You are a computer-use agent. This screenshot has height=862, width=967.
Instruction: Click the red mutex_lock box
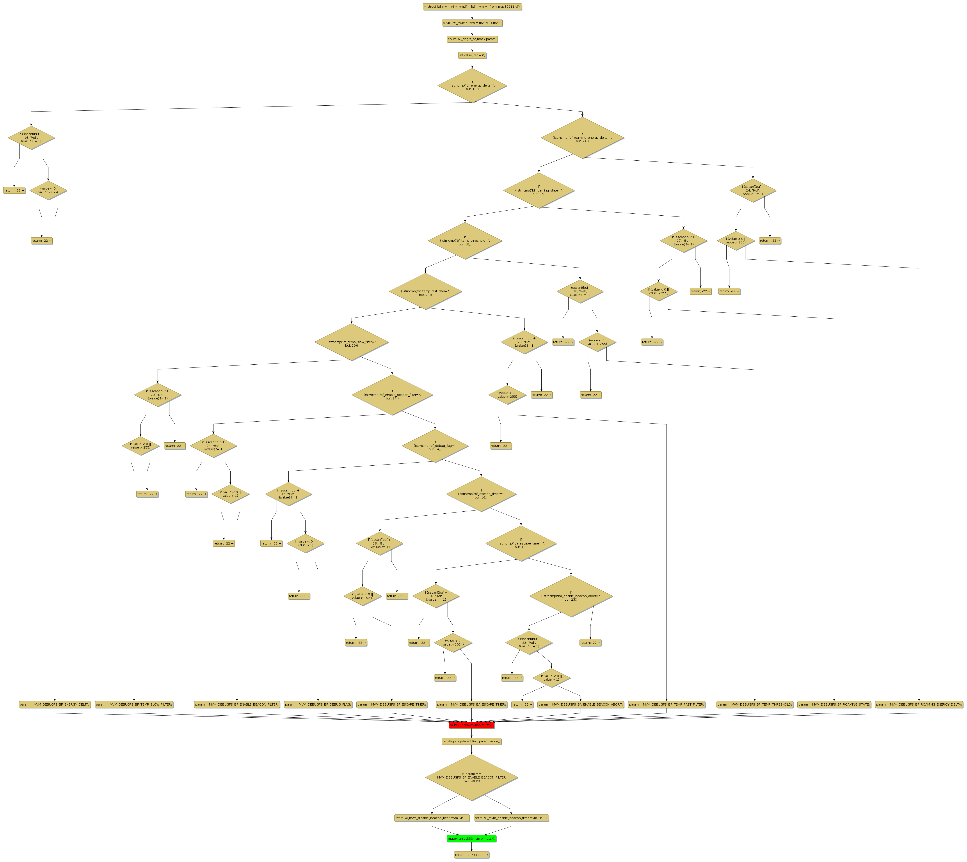(x=471, y=725)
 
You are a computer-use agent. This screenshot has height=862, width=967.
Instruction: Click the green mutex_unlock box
(x=471, y=839)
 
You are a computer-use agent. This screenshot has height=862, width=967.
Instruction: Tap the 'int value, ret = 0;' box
(x=472, y=55)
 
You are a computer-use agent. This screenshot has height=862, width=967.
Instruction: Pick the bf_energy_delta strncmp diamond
(x=472, y=86)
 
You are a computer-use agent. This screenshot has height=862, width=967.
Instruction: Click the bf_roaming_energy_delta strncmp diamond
(x=582, y=138)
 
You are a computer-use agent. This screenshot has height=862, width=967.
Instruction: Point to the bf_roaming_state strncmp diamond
(x=539, y=190)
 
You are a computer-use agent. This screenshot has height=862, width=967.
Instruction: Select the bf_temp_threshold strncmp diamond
(x=465, y=241)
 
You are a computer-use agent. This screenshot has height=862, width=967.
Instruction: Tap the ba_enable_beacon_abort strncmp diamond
(x=571, y=596)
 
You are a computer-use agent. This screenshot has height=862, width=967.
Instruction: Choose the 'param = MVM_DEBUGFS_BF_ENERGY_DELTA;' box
(x=55, y=705)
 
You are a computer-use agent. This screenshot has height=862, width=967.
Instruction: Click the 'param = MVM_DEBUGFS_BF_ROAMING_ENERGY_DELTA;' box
(x=919, y=705)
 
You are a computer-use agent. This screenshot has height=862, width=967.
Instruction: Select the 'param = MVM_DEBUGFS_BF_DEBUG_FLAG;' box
(x=318, y=705)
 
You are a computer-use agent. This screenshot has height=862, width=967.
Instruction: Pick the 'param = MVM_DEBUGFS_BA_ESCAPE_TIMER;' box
(x=471, y=705)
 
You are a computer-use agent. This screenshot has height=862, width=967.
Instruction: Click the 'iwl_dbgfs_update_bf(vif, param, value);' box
(x=471, y=741)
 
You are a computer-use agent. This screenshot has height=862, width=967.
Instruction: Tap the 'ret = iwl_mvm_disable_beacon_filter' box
(x=432, y=818)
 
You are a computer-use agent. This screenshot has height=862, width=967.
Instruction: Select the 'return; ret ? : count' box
(x=471, y=855)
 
